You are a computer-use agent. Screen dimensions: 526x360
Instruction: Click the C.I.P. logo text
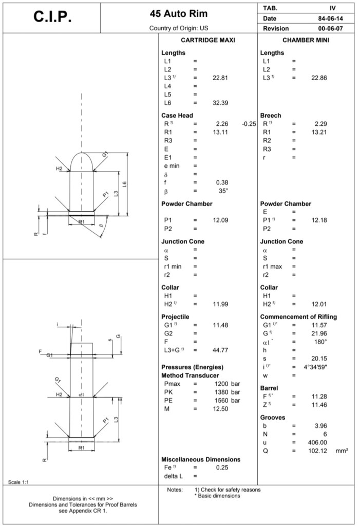pyautogui.click(x=52, y=17)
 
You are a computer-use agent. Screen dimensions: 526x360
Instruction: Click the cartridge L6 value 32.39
pyautogui.click(x=220, y=103)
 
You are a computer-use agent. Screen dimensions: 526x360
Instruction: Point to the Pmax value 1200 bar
pyautogui.click(x=227, y=384)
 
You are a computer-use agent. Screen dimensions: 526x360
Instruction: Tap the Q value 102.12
pyautogui.click(x=317, y=450)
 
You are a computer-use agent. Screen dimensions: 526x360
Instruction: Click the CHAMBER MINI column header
pyautogui.click(x=306, y=40)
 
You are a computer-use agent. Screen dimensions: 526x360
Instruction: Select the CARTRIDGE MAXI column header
pyautogui.click(x=208, y=40)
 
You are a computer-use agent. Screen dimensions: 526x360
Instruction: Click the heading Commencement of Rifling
pyautogui.click(x=298, y=317)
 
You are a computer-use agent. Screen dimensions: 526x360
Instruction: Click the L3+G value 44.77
pyautogui.click(x=220, y=350)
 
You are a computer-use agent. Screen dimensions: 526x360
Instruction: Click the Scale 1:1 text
pyautogui.click(x=18, y=481)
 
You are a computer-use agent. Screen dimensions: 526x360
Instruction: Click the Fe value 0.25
pyautogui.click(x=222, y=467)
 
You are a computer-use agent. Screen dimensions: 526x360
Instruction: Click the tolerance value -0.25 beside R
pyautogui.click(x=249, y=124)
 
